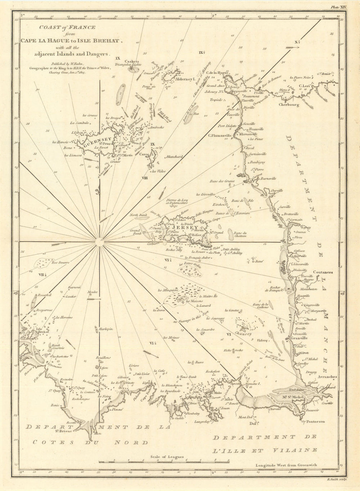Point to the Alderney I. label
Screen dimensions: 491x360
tap(184, 78)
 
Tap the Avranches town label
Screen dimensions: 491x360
tap(327, 377)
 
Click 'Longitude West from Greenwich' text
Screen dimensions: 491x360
tap(287, 465)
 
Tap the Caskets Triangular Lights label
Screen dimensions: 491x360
tap(132, 63)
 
